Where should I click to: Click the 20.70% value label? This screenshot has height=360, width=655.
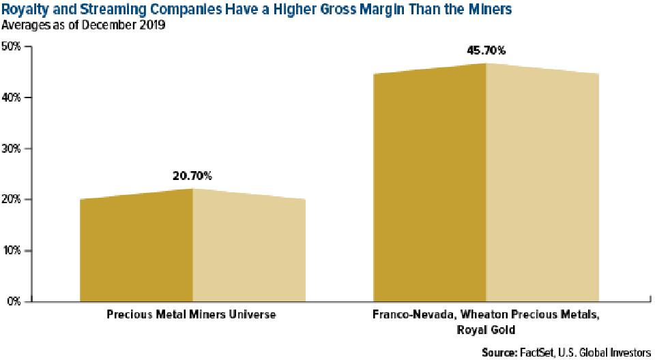(192, 176)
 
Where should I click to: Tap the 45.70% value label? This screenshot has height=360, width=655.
(486, 50)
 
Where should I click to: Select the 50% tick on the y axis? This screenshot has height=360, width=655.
(12, 46)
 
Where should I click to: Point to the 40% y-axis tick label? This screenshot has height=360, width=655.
(12, 97)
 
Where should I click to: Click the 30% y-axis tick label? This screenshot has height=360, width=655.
(12, 149)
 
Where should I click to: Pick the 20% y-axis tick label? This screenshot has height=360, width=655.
(12, 200)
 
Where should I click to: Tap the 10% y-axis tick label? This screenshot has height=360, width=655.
(12, 251)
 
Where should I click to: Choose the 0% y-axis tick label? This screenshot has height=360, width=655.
(14, 301)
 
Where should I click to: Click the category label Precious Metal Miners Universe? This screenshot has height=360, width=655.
(192, 316)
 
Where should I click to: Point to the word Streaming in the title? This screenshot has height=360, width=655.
(101, 10)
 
